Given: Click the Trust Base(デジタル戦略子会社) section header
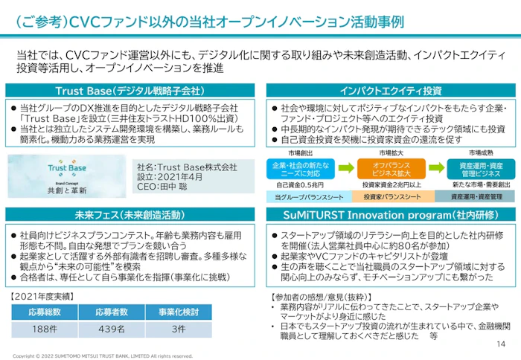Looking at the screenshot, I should (x=135, y=91).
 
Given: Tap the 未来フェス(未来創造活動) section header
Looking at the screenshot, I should (x=135, y=215).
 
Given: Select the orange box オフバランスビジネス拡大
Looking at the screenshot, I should (x=384, y=168).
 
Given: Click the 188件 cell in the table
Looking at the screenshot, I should (x=45, y=328).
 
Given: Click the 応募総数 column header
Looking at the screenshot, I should (x=45, y=312).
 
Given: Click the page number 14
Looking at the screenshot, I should (x=499, y=344).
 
